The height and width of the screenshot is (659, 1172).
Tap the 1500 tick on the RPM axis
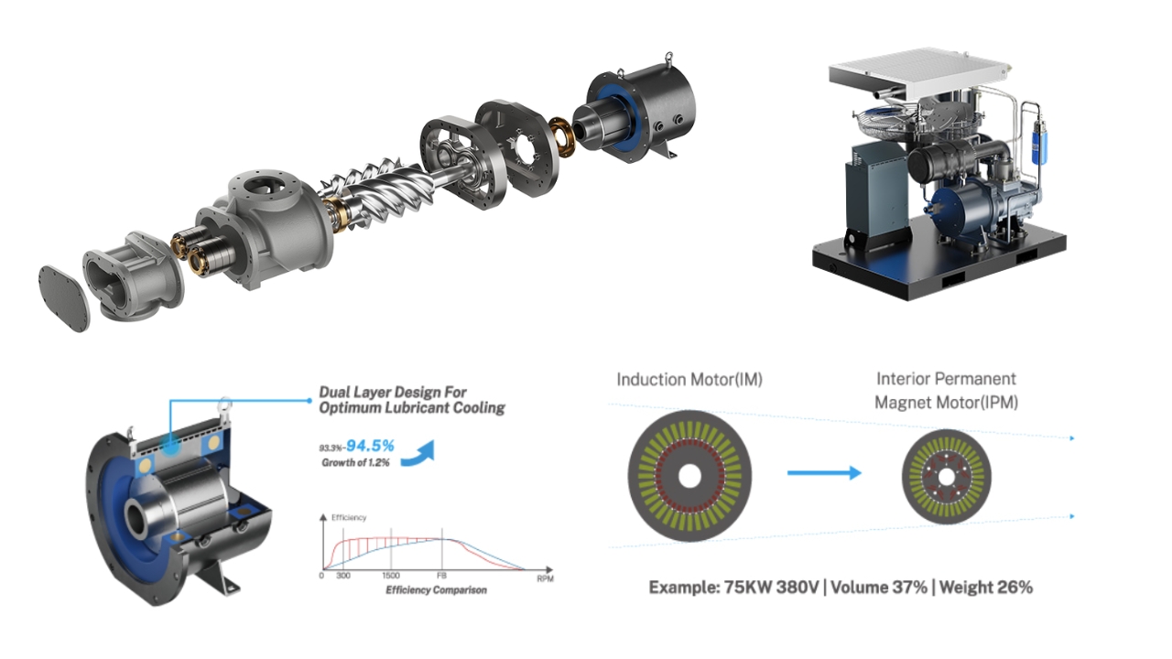(x=390, y=576)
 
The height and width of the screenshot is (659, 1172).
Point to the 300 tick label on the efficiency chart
(x=342, y=576)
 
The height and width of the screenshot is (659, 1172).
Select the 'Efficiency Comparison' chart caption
(x=436, y=590)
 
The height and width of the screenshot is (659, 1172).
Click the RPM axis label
(x=543, y=578)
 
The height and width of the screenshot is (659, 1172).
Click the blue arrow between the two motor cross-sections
(x=824, y=473)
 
